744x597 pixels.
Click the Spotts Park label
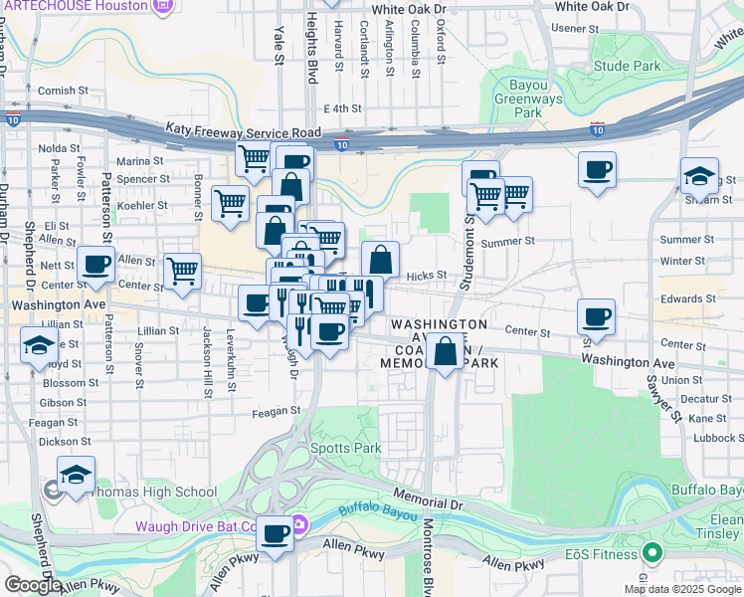pyautogui.click(x=346, y=449)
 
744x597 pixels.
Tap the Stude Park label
pyautogui.click(x=627, y=67)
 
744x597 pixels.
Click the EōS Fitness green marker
pyautogui.click(x=651, y=552)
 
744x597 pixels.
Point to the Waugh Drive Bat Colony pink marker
pyautogui.click(x=298, y=525)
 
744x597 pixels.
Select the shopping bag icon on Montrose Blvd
pyautogui.click(x=446, y=350)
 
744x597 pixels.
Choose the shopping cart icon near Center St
pyautogui.click(x=183, y=271)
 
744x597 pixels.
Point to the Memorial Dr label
pyautogui.click(x=429, y=495)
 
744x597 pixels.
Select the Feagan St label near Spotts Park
pyautogui.click(x=276, y=410)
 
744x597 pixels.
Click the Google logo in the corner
pyautogui.click(x=33, y=584)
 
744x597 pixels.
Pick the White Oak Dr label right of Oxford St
pyautogui.click(x=593, y=6)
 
